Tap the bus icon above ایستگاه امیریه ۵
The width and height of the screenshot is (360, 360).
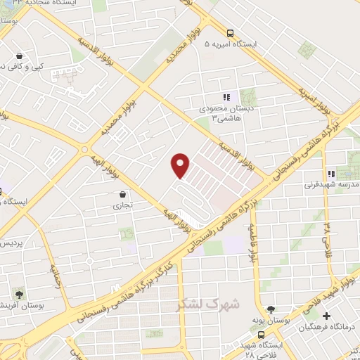click(x=230, y=32)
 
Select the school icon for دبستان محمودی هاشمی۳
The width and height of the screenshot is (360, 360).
click(x=226, y=98)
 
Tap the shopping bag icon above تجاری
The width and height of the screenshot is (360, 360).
click(x=123, y=195)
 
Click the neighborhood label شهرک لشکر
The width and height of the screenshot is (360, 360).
click(x=210, y=304)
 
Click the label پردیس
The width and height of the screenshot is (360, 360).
click(x=11, y=243)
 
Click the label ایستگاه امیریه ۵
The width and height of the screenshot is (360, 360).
click(x=231, y=44)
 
